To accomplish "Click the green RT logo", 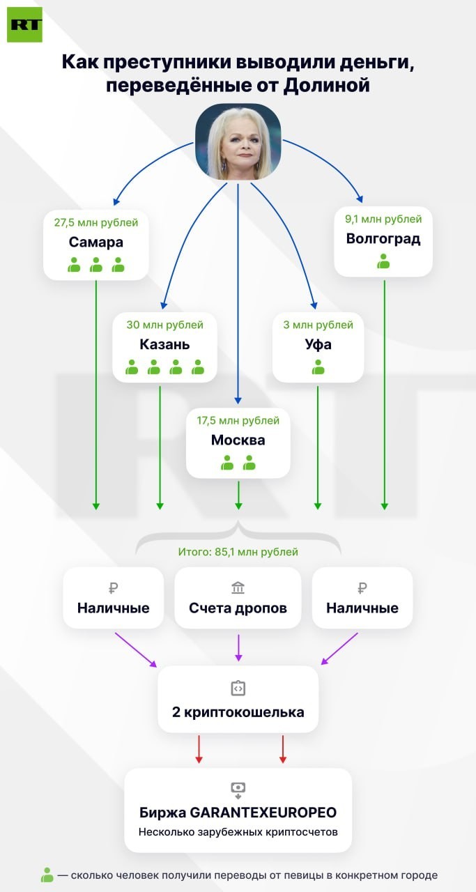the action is pyautogui.click(x=24, y=24).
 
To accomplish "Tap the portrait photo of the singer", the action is pyautogui.click(x=238, y=141).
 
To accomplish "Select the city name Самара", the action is pyautogui.click(x=95, y=242).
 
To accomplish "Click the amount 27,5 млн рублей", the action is pyautogui.click(x=96, y=222).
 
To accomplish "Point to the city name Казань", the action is pyautogui.click(x=164, y=344).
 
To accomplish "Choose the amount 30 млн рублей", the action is pyautogui.click(x=165, y=325).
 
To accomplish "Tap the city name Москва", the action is pyautogui.click(x=238, y=440).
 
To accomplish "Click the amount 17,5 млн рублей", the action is pyautogui.click(x=238, y=420).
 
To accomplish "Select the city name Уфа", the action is pyautogui.click(x=318, y=344).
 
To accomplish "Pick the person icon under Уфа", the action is pyautogui.click(x=318, y=367).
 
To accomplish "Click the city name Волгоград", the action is pyautogui.click(x=383, y=239).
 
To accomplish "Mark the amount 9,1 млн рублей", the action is pyautogui.click(x=383, y=219).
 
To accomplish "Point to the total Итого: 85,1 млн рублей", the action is pyautogui.click(x=238, y=552).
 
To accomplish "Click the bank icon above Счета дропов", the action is pyautogui.click(x=238, y=587).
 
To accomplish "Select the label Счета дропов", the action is pyautogui.click(x=238, y=608).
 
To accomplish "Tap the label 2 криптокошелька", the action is pyautogui.click(x=238, y=712).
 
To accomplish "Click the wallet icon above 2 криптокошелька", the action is pyautogui.click(x=238, y=688).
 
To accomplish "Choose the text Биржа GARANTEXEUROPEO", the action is pyautogui.click(x=238, y=813).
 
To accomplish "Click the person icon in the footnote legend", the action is pyautogui.click(x=47, y=875).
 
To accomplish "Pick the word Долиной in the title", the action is pyautogui.click(x=326, y=86).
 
